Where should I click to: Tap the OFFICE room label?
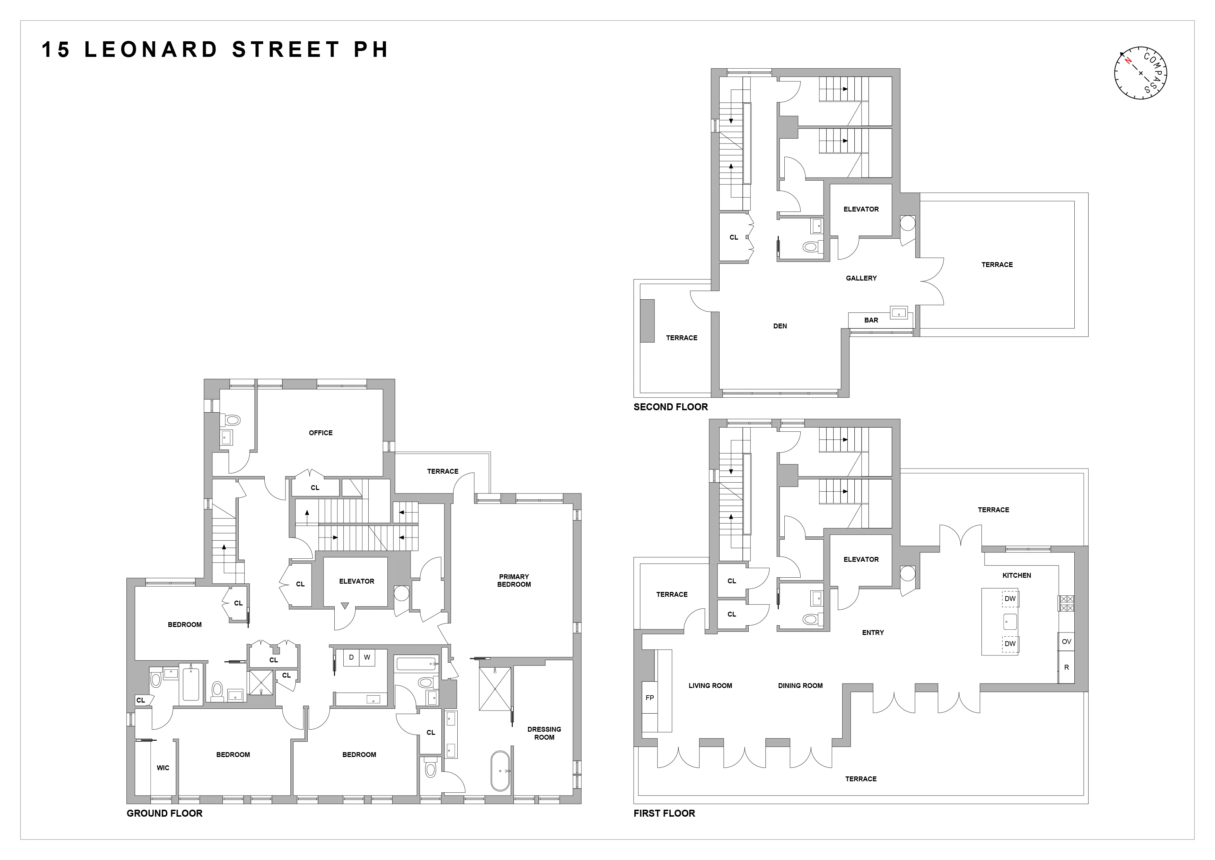(x=321, y=433)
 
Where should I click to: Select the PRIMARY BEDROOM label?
(x=514, y=580)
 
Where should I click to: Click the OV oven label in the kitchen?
(x=1066, y=641)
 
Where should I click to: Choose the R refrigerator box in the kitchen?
(x=1066, y=667)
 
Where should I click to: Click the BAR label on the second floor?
(x=871, y=320)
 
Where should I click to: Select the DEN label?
(x=780, y=326)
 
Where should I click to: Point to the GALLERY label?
(x=861, y=278)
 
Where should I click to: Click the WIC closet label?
(x=163, y=767)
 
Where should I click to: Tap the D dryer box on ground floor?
(x=351, y=657)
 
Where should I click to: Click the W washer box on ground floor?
(x=367, y=657)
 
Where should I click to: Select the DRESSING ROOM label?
(x=544, y=733)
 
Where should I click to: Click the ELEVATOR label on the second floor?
(x=861, y=209)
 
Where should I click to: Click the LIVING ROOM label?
(x=710, y=685)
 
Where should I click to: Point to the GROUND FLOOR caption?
(x=164, y=813)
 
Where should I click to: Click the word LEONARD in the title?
(x=151, y=50)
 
